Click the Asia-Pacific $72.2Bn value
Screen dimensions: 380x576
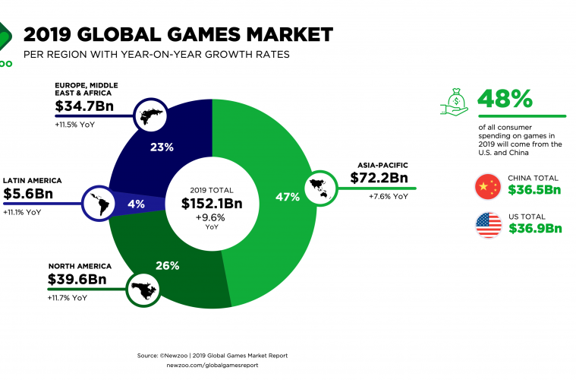click(379, 179)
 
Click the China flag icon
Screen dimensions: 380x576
click(487, 187)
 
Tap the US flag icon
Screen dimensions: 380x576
click(487, 226)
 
